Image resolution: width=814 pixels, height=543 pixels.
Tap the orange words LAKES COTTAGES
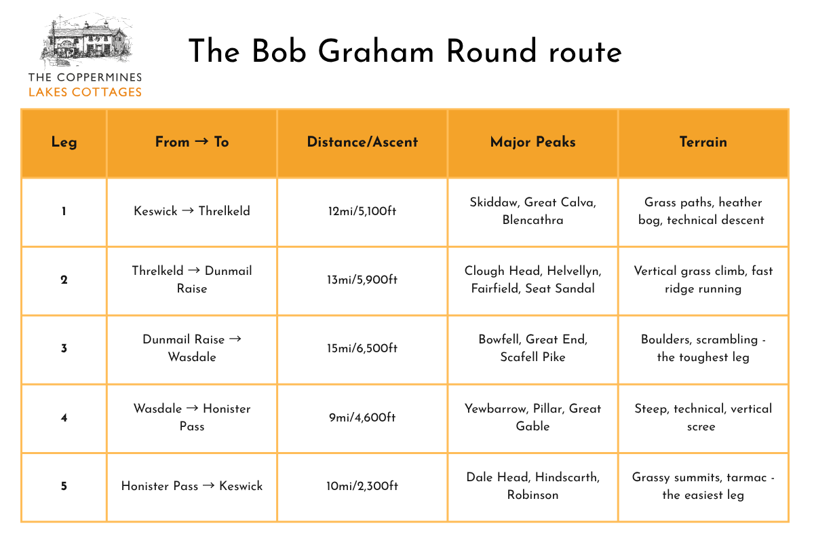point(85,92)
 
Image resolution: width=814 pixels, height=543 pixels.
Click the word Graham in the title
point(376,52)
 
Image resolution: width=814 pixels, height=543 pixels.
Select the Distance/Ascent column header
point(362,142)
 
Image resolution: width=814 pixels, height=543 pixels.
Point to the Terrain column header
point(703,142)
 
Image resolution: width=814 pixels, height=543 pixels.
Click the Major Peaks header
point(532,143)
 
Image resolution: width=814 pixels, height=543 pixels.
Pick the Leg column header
point(64,143)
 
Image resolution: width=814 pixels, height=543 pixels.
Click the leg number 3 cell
point(64,348)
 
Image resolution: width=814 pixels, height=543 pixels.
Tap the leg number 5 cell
point(64,486)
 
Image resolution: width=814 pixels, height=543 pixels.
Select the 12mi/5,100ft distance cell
point(362,211)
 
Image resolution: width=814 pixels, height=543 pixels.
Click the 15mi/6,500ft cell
point(362,348)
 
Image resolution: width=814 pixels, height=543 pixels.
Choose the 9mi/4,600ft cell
point(362,417)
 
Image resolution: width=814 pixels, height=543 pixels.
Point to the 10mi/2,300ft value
point(362,486)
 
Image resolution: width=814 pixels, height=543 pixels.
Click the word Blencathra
point(532,220)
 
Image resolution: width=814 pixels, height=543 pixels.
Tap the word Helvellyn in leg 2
point(573,271)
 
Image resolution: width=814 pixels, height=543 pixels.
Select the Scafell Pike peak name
point(532,357)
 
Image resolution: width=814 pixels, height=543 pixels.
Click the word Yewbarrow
point(496,409)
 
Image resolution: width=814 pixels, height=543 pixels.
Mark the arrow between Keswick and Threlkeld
point(187,210)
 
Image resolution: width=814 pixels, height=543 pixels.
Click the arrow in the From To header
point(201,141)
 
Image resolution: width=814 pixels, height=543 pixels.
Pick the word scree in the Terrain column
point(701,427)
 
